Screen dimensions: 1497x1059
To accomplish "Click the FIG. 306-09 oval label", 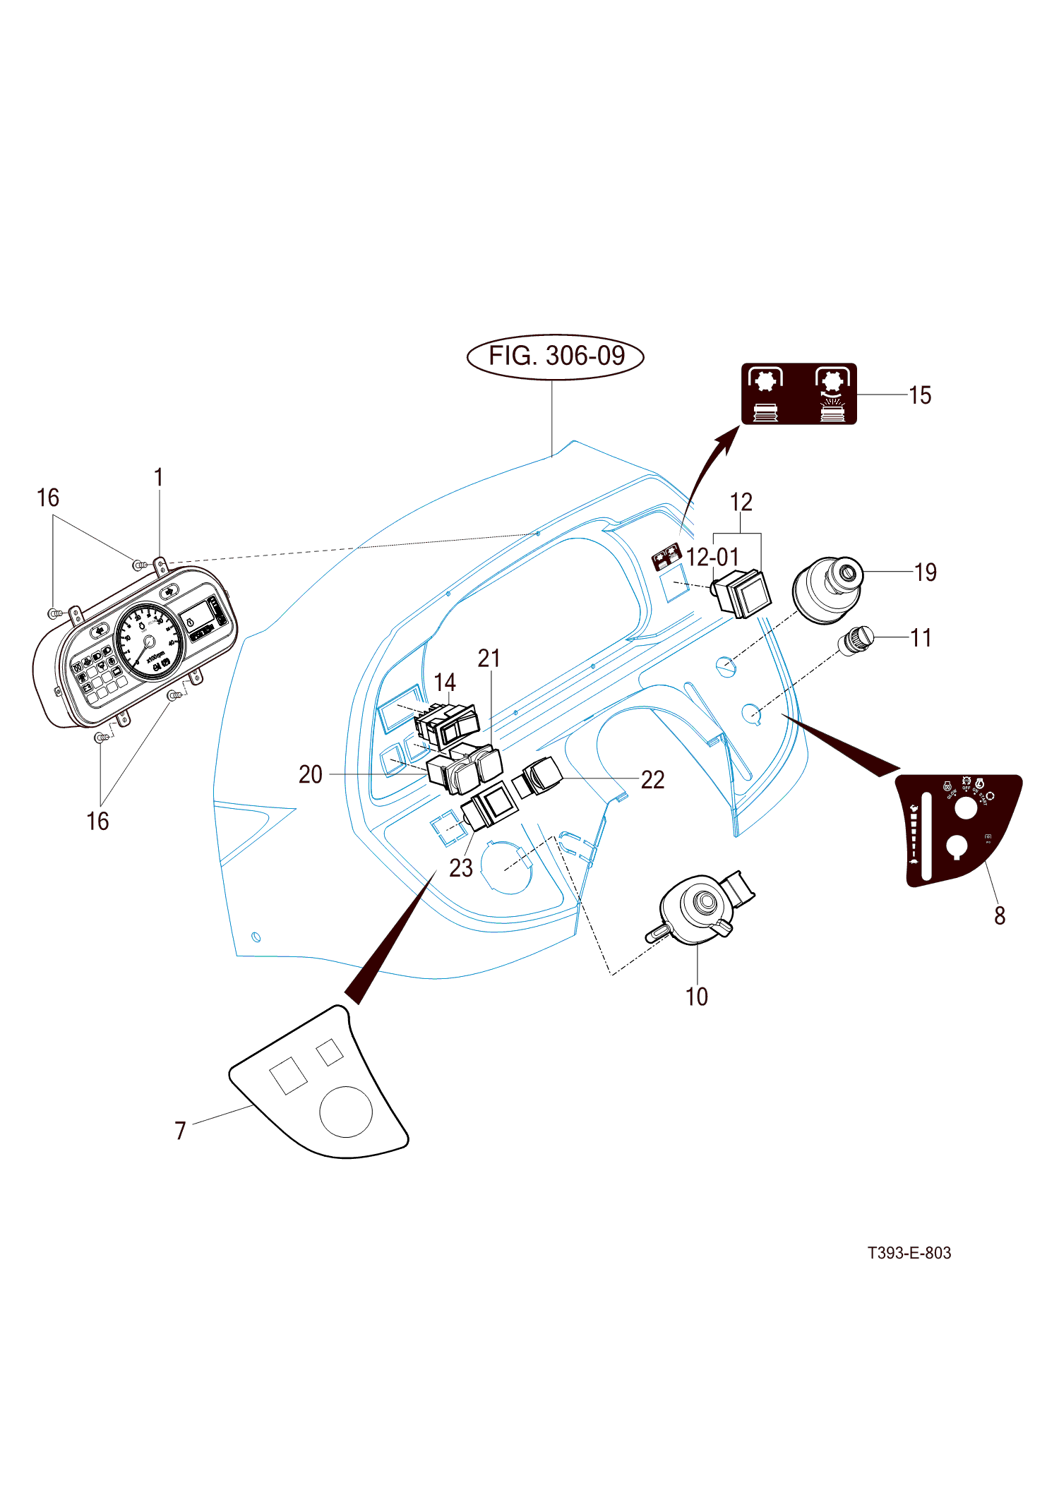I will (556, 356).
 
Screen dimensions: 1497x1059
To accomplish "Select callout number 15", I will (920, 395).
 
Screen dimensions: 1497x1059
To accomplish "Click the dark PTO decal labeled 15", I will (798, 394).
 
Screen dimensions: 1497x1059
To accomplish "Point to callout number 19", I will (925, 572).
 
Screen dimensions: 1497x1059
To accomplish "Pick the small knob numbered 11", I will (855, 641).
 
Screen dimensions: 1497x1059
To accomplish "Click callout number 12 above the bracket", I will (741, 503).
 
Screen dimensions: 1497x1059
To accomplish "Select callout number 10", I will (696, 997).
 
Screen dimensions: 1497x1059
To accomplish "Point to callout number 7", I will (181, 1131).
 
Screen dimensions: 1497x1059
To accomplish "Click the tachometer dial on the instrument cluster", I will (149, 642).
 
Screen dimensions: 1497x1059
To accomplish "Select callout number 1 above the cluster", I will (159, 478).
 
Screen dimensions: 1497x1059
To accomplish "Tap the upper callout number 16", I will (48, 498).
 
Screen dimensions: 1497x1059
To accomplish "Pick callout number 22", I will (652, 780).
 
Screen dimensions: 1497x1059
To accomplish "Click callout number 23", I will (460, 868).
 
